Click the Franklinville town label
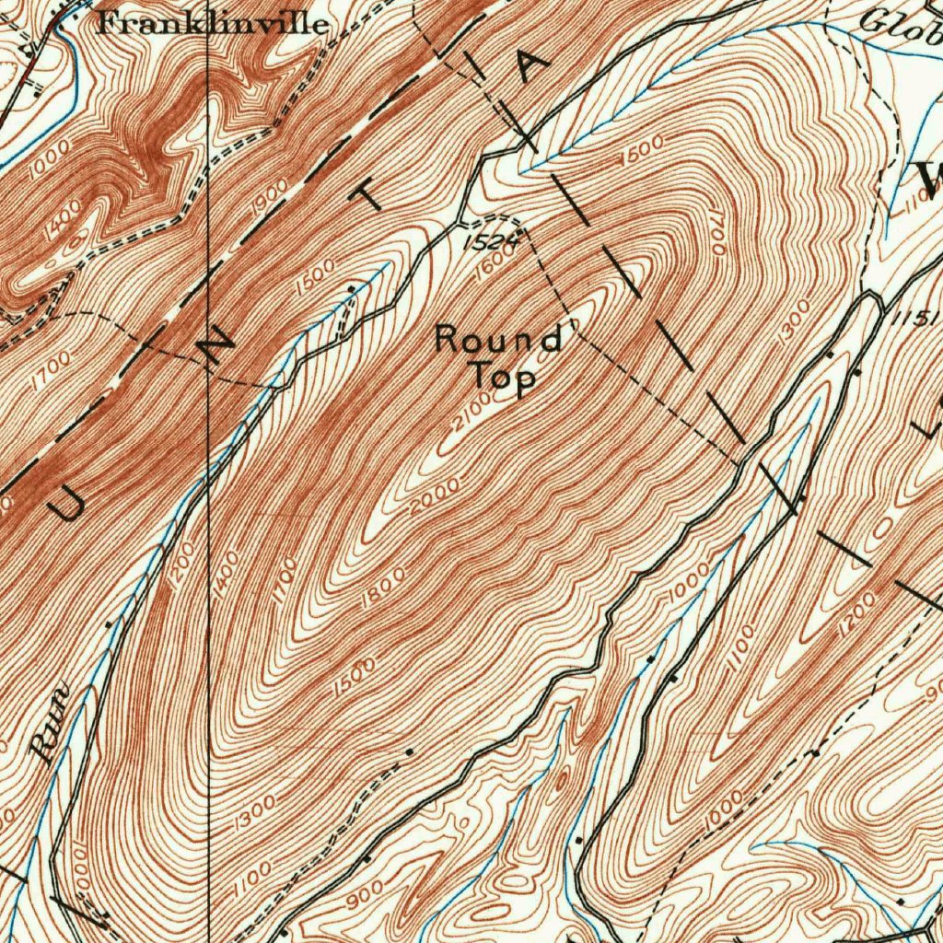tap(212, 23)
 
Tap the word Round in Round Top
tap(498, 339)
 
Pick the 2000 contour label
tap(436, 498)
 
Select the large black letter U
tap(66, 504)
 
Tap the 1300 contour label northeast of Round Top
tap(795, 322)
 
